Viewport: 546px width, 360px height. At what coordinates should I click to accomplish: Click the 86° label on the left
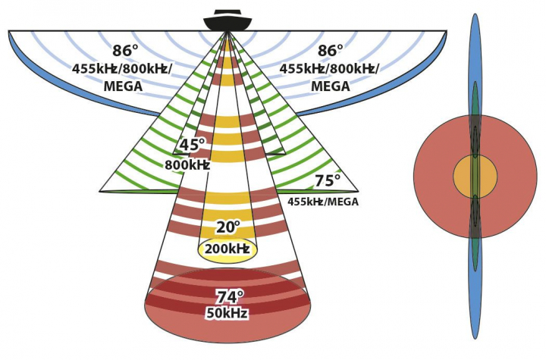coord(125,52)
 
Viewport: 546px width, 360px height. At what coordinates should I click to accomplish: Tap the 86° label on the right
coord(330,52)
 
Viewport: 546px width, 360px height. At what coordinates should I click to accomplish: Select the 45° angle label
coord(191,146)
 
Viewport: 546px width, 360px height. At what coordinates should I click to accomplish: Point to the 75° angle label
coord(328,182)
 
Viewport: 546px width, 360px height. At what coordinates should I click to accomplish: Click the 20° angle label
coord(227,228)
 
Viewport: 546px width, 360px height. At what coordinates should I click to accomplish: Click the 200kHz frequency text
coord(228,249)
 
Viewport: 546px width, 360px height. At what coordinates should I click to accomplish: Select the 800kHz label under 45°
coord(187,164)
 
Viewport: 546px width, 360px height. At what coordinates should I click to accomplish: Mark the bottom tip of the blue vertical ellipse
coord(475,337)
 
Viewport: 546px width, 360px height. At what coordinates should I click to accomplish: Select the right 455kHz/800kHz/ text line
coord(330,69)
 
